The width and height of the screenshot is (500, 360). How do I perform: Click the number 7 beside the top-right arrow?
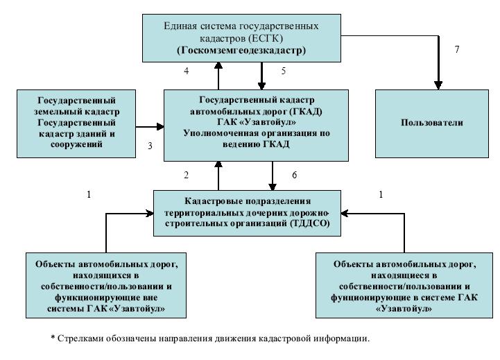[456, 50]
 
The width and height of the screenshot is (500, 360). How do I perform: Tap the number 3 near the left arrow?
[149, 146]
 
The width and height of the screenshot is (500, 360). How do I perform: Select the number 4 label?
[186, 71]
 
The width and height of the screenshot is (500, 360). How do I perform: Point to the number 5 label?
[284, 71]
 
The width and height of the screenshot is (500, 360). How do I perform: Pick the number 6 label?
[294, 175]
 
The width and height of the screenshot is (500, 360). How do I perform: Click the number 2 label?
[186, 175]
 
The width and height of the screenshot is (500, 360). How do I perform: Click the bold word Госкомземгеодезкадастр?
[241, 51]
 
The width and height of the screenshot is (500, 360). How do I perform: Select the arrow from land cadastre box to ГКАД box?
[150, 127]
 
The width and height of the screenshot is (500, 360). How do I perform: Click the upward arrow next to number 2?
[218, 176]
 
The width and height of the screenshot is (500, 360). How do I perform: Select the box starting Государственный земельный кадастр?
[76, 122]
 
